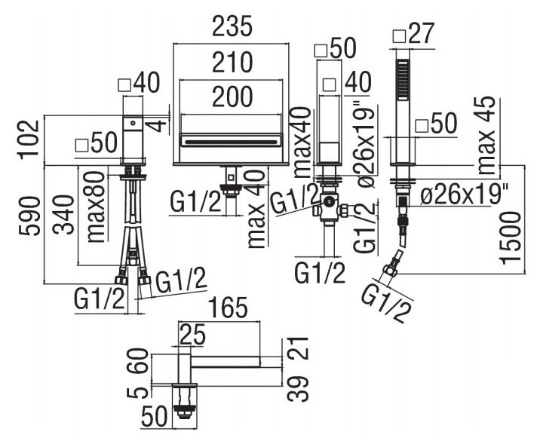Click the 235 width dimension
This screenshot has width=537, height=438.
(232, 26)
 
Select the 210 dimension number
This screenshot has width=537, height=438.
(232, 63)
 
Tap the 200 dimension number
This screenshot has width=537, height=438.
(232, 96)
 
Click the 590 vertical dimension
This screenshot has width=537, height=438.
(30, 216)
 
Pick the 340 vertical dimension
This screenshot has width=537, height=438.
(63, 214)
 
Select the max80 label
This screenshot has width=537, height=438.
(96, 207)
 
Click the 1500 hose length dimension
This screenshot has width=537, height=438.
(510, 238)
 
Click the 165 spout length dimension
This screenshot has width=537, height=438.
(228, 308)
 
